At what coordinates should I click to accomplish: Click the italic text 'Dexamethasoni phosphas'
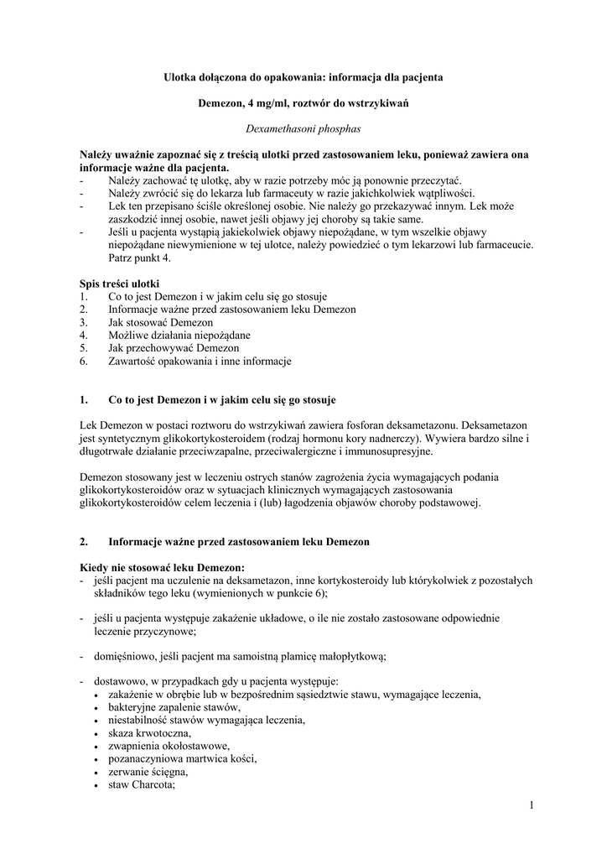303,129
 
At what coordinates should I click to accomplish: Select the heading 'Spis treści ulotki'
119,284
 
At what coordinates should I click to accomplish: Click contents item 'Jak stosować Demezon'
160,322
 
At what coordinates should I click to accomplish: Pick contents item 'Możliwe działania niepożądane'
179,335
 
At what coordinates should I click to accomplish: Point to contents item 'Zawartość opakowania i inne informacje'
200,362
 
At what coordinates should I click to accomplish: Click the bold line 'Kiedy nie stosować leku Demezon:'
162,567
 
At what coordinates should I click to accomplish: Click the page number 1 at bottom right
532,806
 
